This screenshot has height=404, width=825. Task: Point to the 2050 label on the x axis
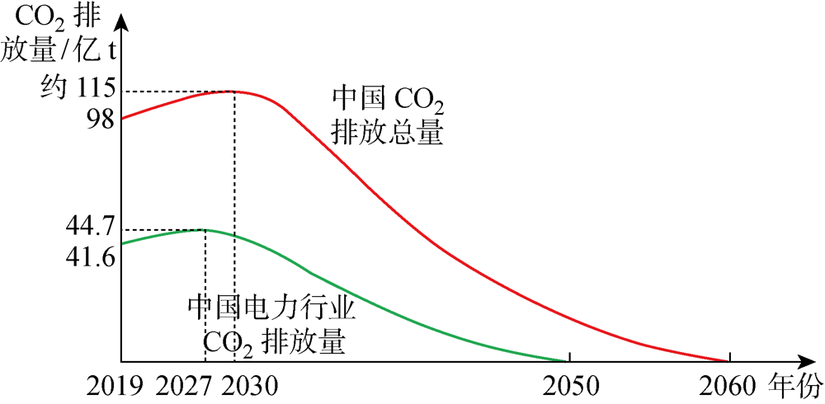tap(569, 386)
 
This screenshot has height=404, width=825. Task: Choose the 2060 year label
tap(729, 386)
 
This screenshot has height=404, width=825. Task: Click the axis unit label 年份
tap(796, 385)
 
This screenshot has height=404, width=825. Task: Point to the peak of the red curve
tap(234, 91)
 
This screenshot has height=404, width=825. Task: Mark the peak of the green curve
tap(204, 229)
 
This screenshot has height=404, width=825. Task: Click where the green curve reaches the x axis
tap(568, 361)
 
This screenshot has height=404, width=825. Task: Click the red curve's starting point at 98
tap(122, 119)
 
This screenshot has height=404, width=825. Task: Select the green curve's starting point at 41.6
tap(122, 243)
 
